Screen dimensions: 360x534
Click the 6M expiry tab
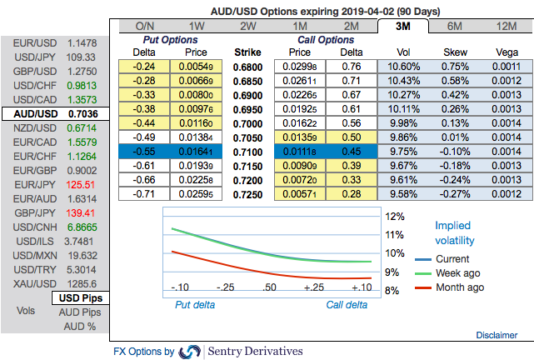pyautogui.click(x=456, y=26)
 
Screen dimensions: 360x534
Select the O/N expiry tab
pyautogui.click(x=144, y=26)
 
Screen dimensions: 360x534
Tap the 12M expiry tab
pyautogui.click(x=507, y=26)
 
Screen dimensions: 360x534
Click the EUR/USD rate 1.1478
pyautogui.click(x=83, y=42)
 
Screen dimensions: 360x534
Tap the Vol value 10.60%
pyautogui.click(x=403, y=66)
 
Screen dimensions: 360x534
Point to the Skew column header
pyautogui.click(x=456, y=52)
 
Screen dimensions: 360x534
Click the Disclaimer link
pyautogui.click(x=497, y=334)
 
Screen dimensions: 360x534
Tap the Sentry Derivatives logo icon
pyautogui.click(x=190, y=352)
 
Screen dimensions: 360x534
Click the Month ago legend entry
pyautogui.click(x=459, y=287)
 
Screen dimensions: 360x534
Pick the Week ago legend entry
pyautogui.click(x=457, y=272)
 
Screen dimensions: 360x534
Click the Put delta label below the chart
pyautogui.click(x=194, y=305)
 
